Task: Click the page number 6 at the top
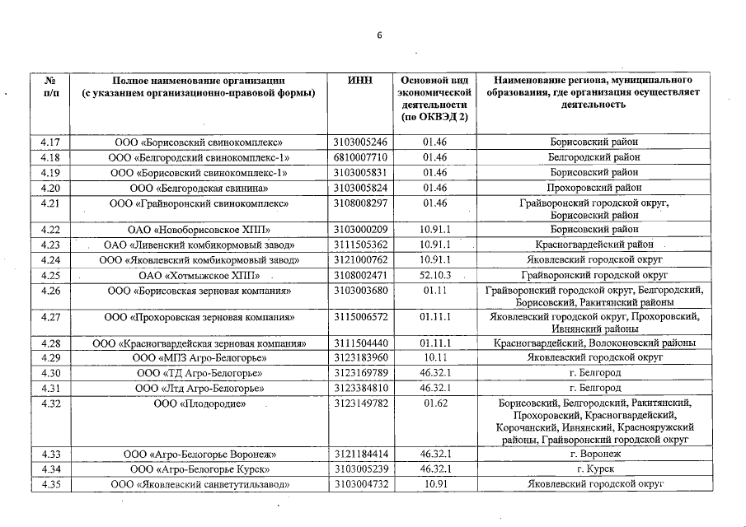pos(380,35)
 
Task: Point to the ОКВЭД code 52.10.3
pos(434,274)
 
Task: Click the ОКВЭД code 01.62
pos(434,404)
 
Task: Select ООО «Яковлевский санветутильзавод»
pos(199,484)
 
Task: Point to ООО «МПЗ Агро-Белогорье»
pos(199,357)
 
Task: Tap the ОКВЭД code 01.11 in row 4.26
pos(434,290)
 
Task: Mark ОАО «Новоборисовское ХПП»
pos(199,229)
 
